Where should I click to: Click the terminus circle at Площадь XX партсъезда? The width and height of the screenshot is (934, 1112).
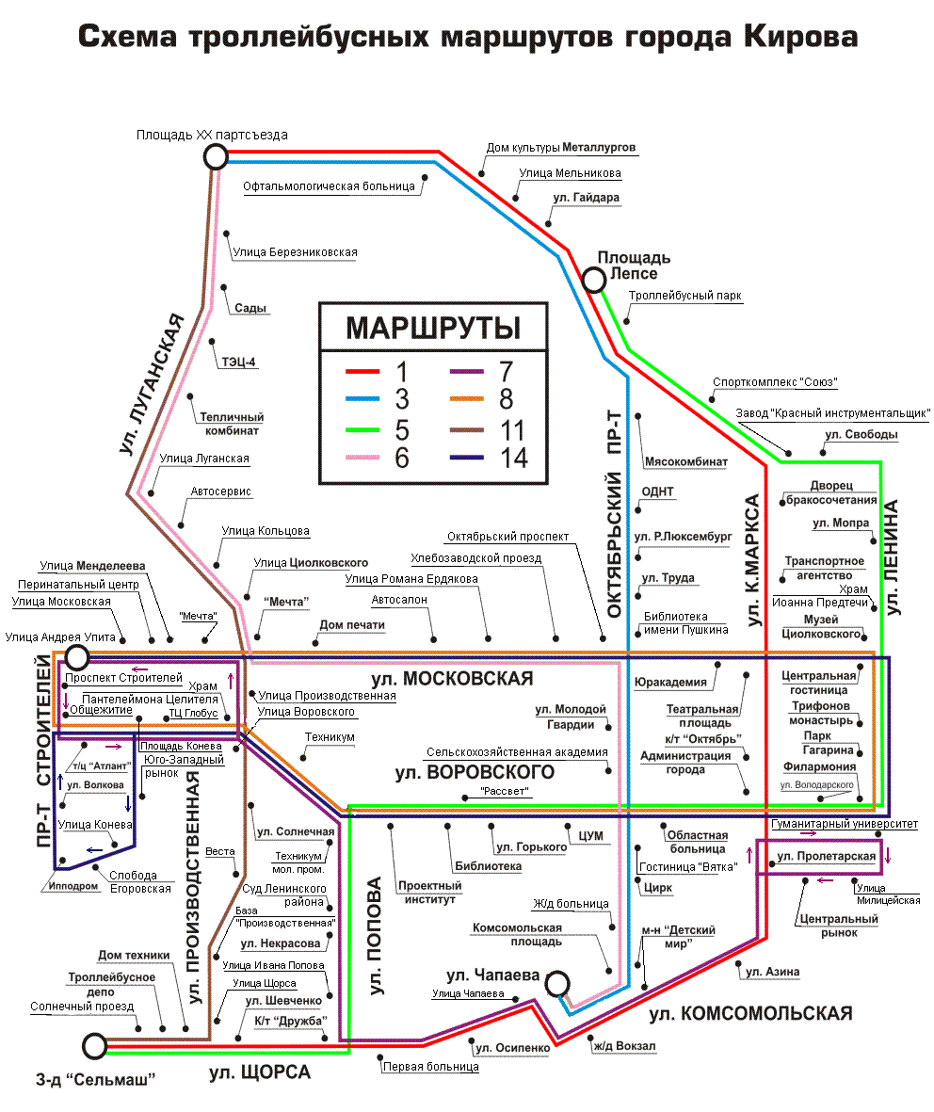point(217,156)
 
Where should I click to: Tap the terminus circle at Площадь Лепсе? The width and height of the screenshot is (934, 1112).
point(594,280)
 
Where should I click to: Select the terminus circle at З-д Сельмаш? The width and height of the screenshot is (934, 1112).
point(94,1045)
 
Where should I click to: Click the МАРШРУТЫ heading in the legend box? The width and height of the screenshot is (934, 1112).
point(433,329)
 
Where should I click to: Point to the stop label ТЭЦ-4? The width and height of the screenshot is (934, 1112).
point(238,360)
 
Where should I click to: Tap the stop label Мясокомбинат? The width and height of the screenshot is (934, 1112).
point(686,462)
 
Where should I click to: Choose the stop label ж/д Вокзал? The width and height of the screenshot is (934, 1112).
point(623,1045)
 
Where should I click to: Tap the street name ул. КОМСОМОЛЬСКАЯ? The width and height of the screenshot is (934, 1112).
point(750,1013)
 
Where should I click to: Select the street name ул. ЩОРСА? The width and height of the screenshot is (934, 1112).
point(260,1072)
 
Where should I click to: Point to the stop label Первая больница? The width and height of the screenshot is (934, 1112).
point(430,1067)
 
